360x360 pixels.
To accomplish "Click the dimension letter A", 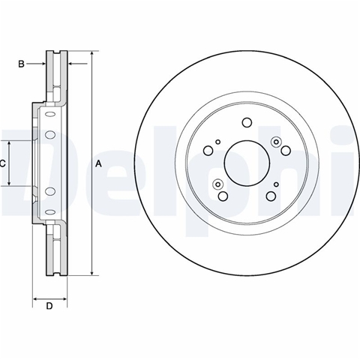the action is (x=99, y=163).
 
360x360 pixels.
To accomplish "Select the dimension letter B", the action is (x=21, y=64).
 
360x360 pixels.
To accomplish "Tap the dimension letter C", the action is (x=2, y=163).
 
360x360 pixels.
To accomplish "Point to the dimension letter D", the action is (x=49, y=306).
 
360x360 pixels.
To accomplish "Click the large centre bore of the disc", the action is (x=247, y=163).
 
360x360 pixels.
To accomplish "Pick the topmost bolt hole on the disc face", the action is (x=247, y=122).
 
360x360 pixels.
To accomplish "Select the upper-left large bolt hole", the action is (x=208, y=151).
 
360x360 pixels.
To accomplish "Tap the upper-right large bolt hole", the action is (x=286, y=151).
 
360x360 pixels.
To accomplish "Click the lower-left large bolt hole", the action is (x=223, y=196).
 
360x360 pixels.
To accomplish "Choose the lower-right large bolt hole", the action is (x=271, y=196).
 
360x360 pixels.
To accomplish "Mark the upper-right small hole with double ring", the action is (x=276, y=142).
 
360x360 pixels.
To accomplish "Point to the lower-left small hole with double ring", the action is (x=217, y=184).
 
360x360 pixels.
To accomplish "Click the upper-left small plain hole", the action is (x=218, y=142).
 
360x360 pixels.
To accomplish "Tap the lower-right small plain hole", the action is (x=276, y=184).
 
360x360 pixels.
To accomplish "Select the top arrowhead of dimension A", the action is (x=92, y=54).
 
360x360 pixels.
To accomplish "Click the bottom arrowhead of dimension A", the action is (x=92, y=273).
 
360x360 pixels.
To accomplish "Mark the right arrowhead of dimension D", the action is (x=64, y=298).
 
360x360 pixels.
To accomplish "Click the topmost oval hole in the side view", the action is (x=50, y=115).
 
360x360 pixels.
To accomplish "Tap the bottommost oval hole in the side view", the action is (x=50, y=212).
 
